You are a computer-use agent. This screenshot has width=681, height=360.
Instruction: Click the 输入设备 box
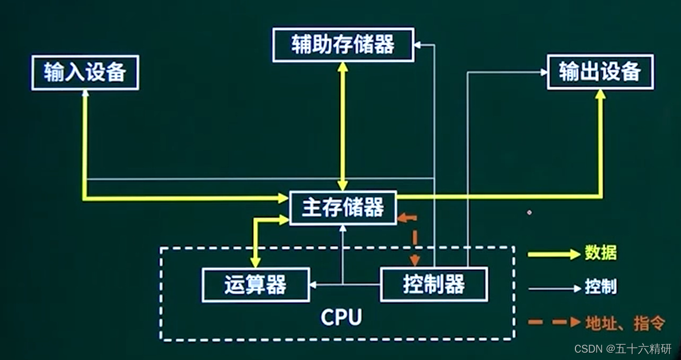coord(85,73)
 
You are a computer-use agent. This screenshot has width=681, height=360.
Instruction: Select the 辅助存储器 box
coord(343,44)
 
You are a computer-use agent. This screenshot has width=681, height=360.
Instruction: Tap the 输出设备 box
coord(600,72)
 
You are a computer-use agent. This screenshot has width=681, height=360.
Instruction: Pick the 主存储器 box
coord(342,208)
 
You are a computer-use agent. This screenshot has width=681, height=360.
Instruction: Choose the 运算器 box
coord(256,285)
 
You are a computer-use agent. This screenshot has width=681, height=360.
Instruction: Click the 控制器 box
coord(434,284)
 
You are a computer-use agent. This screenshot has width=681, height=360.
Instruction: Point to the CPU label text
coord(341,317)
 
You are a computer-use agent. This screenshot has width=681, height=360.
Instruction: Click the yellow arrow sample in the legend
coord(553,254)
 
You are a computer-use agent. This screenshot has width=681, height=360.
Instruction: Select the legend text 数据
coord(600,253)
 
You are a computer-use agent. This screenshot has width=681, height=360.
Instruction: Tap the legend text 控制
coord(600,287)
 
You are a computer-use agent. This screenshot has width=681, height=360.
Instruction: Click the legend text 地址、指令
coord(624,323)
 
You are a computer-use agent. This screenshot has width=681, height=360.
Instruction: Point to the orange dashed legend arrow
coord(553,323)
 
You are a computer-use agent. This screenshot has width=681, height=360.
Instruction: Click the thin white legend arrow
coord(553,289)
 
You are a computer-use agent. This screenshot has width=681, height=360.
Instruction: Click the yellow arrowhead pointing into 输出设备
coord(600,94)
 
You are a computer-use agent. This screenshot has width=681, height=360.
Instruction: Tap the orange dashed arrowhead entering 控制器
coord(415,261)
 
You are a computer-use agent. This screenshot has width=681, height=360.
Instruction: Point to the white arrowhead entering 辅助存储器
coord(418,44)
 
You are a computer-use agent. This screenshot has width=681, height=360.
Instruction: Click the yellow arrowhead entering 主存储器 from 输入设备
coord(284,198)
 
